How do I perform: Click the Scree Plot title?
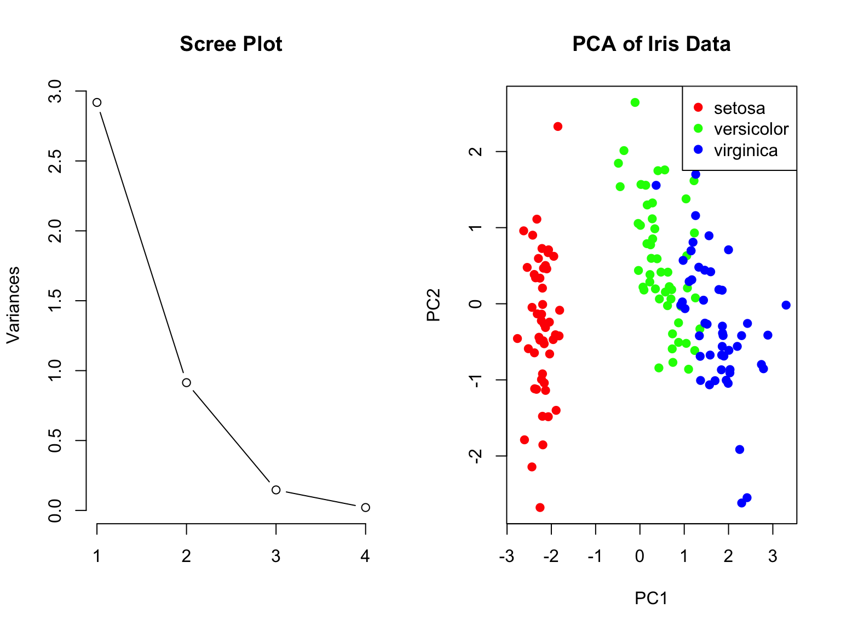point(231,44)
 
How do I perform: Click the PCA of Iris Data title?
point(651,44)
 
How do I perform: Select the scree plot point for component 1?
point(97,102)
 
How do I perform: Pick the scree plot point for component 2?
point(186,382)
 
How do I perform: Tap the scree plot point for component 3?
point(276,490)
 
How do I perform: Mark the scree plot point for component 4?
point(365,508)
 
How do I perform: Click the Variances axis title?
point(13,305)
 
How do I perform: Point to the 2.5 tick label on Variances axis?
point(55,161)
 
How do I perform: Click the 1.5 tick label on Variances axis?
point(55,301)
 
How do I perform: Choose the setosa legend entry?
point(739,108)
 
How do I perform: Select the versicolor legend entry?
point(751,129)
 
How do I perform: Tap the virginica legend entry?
point(745,150)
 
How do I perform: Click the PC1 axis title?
point(651,599)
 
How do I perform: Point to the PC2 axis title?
point(434,305)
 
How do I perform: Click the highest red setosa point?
point(558,127)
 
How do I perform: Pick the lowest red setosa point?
point(540,508)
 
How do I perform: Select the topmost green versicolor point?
point(635,102)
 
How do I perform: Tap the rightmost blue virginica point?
point(786,305)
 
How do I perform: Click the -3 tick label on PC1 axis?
point(506,557)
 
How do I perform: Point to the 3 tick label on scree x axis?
point(276,557)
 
